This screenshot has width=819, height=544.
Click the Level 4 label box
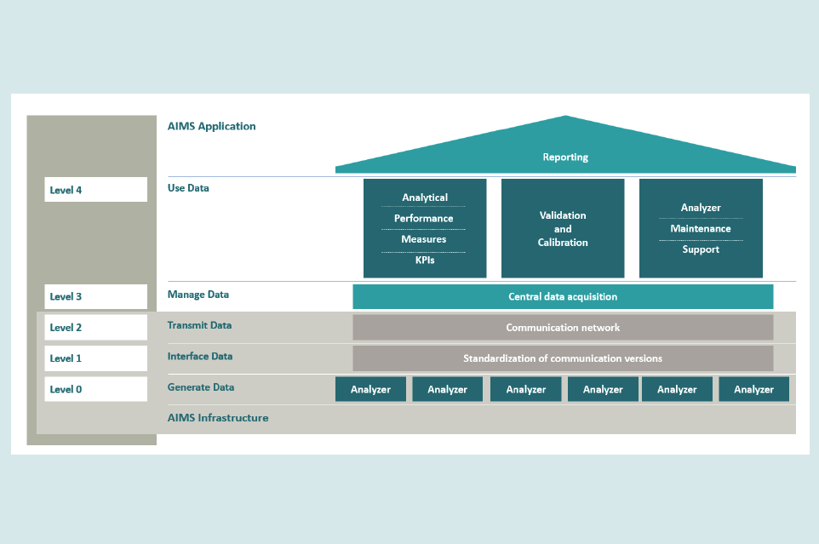95,190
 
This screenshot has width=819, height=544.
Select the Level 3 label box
95,296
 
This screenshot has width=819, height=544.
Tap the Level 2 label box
95,328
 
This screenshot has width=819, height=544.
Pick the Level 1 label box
95,358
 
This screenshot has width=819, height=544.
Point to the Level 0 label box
95,389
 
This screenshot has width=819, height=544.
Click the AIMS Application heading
211,126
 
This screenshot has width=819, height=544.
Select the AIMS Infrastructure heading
218,418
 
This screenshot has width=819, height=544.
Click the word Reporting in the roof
565,157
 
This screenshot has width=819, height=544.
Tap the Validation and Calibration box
563,228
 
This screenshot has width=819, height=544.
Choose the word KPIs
424,260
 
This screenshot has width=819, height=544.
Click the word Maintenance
701,228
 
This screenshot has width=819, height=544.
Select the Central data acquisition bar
563,297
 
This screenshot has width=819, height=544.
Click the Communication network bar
563,328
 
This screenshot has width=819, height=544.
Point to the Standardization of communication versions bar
563,358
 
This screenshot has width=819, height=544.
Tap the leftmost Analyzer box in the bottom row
370,389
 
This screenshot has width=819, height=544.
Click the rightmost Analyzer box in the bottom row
753,389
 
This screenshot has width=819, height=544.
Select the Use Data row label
188,188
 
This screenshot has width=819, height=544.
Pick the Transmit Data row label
199,325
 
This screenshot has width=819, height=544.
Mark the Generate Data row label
201,387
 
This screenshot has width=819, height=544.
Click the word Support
701,249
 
